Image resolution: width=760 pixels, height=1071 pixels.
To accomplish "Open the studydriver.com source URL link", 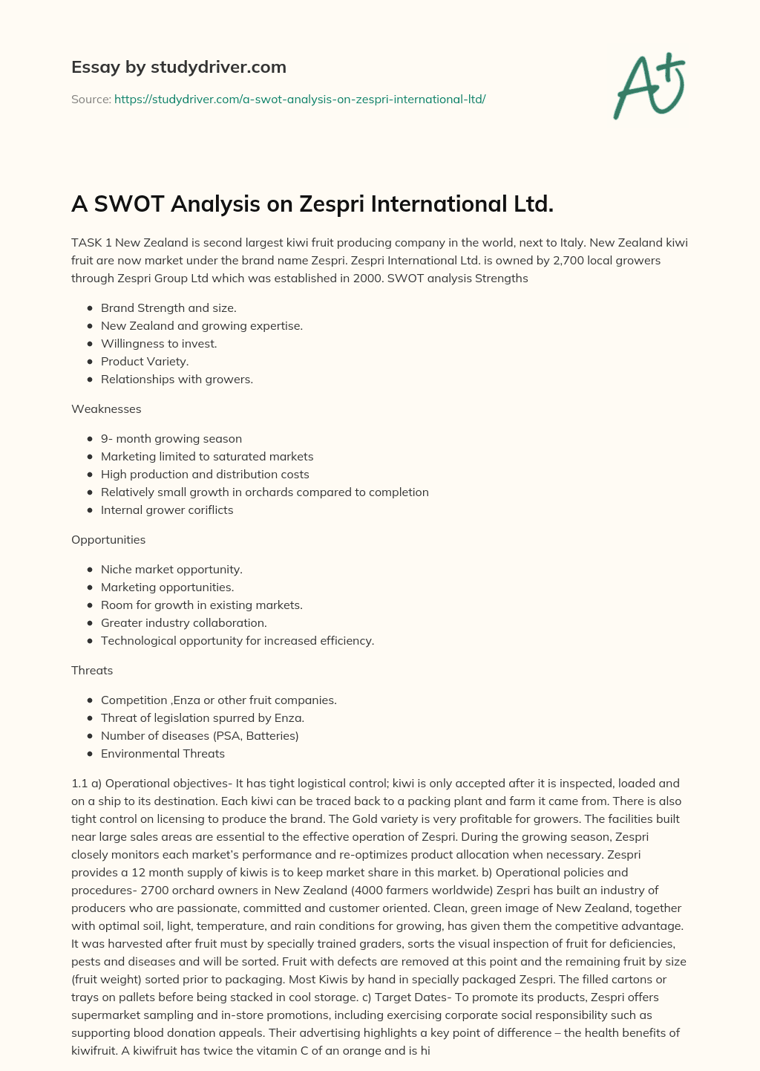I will (300, 99).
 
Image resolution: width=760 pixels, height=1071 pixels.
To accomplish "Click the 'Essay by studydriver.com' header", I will (178, 67).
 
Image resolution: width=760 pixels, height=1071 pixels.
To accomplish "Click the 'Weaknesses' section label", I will (106, 408).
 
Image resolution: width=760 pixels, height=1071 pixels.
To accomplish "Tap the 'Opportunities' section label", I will (108, 539).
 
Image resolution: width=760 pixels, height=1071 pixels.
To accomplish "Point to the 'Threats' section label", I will (92, 670).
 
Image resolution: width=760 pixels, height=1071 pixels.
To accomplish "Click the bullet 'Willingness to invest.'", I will (159, 343).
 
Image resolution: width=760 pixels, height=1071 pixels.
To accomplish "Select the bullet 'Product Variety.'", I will (145, 361).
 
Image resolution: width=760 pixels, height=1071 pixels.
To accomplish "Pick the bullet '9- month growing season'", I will (171, 438).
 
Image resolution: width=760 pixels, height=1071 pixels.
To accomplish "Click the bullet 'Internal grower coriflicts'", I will (167, 510).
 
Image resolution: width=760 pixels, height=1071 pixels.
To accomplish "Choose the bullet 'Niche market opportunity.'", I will (171, 569).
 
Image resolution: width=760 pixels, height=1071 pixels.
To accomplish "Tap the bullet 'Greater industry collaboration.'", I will (184, 622).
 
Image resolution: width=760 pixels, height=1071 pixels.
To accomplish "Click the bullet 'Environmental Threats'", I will (163, 753).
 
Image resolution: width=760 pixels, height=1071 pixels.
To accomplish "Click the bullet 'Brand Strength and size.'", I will (168, 307).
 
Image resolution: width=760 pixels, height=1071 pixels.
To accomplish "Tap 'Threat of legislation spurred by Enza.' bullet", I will (203, 717).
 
